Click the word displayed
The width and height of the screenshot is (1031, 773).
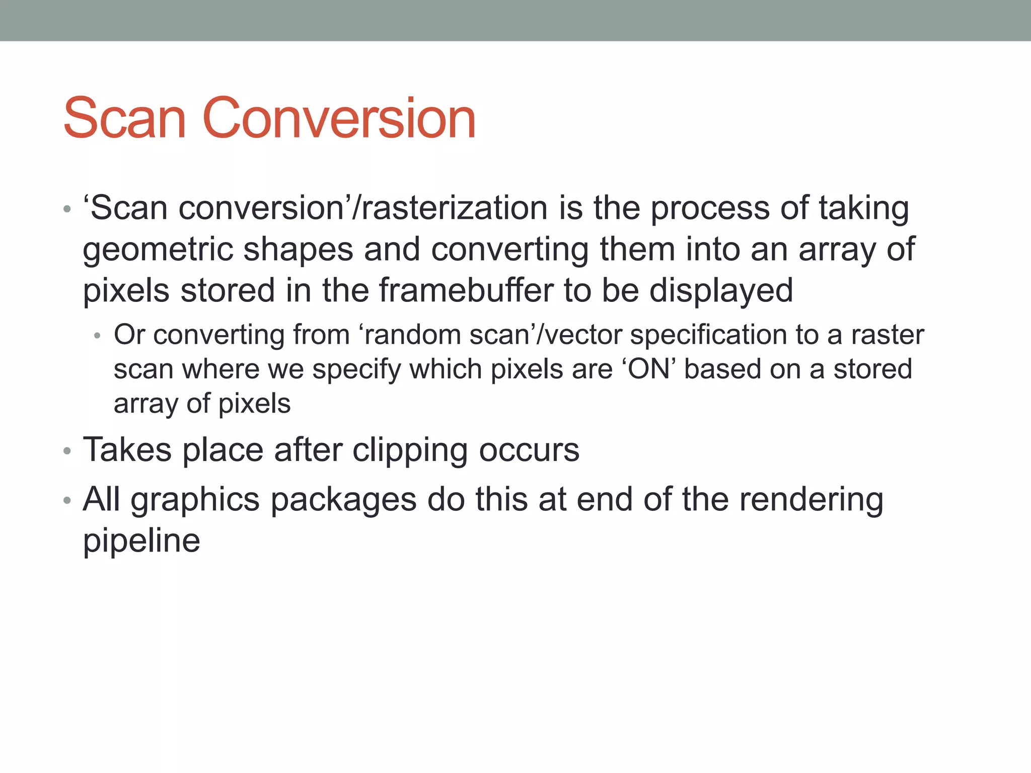[x=721, y=291]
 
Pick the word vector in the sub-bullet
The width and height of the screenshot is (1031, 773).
[x=583, y=335]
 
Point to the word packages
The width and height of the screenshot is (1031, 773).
[x=344, y=501]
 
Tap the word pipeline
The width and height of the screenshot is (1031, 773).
[x=141, y=542]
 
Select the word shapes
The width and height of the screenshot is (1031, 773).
[x=298, y=250]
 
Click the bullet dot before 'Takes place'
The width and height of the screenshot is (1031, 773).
[x=67, y=451]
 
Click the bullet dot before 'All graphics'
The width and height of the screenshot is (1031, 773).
[x=67, y=501]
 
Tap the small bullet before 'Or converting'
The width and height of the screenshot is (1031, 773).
[x=98, y=336]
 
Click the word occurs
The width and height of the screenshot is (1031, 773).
[x=529, y=450]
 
